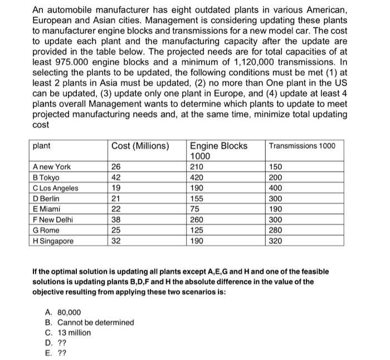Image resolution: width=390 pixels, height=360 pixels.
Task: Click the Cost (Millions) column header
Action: (x=140, y=146)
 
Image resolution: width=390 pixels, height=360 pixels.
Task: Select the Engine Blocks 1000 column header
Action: (x=218, y=150)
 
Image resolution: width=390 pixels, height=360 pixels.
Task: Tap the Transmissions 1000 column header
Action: (x=302, y=146)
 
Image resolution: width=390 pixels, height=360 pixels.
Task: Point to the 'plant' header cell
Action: (x=42, y=146)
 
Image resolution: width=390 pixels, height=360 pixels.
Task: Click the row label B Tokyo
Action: (x=46, y=177)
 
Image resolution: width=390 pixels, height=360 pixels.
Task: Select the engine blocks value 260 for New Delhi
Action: (x=198, y=220)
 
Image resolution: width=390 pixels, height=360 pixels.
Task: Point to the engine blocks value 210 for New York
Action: (x=198, y=167)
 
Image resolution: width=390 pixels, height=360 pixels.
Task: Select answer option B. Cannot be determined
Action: (x=89, y=323)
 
